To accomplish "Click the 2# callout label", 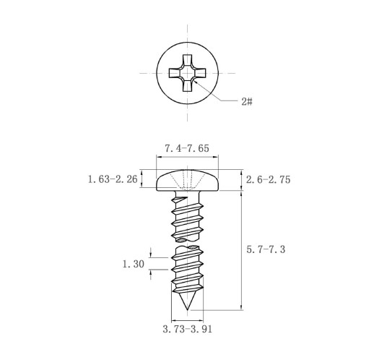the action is pos(247,102).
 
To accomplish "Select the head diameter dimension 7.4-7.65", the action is pos(187,148).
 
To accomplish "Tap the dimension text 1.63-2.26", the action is pos(113,179).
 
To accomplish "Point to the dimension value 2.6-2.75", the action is pos(268,180).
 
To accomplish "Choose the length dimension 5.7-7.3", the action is pos(266,249).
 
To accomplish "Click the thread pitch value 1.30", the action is pos(134,264).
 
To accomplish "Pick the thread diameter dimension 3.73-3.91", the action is pos(188,329).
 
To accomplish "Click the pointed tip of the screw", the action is pos(188,309).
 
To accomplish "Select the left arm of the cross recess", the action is pos(174,73).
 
